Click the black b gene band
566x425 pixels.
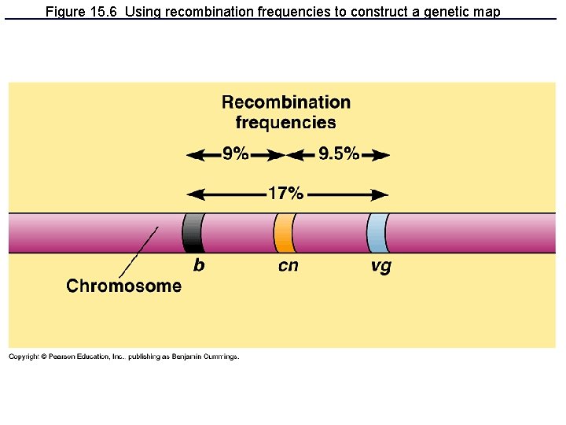tap(193, 233)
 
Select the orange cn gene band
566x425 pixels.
tap(284, 233)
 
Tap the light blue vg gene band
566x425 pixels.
tap(377, 233)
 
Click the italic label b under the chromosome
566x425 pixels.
tap(199, 266)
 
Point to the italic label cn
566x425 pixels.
tap(289, 266)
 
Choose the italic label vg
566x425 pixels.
tap(380, 267)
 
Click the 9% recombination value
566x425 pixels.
tap(235, 154)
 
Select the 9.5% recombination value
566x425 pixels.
tap(338, 154)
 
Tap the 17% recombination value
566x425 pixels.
tap(285, 193)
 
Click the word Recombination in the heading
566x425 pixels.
tap(286, 102)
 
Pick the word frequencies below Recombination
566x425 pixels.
tap(286, 123)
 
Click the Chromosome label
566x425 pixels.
tap(123, 286)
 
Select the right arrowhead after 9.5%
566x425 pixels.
tap(382, 156)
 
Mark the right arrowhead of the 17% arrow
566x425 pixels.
tap(382, 194)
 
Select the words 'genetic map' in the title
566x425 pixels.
tap(466, 12)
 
